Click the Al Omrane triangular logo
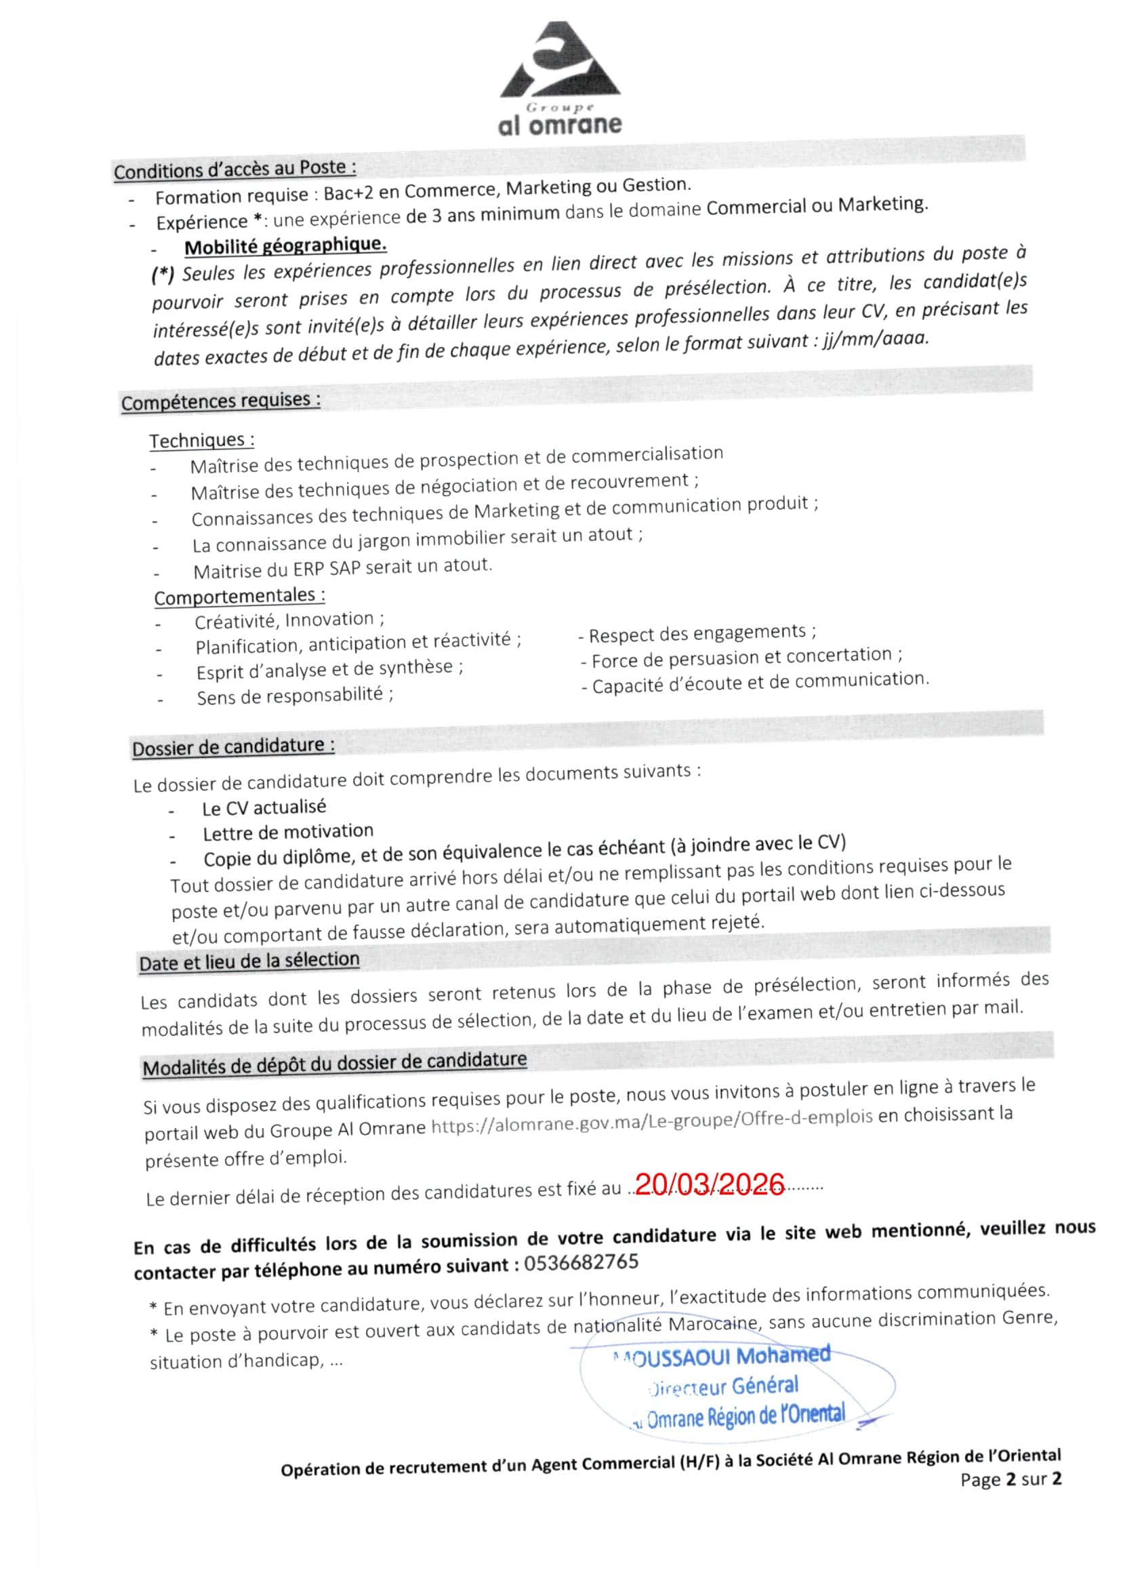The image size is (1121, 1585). (x=560, y=62)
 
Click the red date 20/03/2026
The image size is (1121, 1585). (x=709, y=1184)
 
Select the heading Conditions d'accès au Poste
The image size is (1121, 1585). (x=235, y=169)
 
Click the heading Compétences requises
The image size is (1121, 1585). (x=221, y=401)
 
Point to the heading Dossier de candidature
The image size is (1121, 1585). (x=233, y=747)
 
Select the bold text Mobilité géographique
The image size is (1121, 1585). (x=285, y=245)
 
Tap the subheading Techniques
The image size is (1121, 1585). (x=201, y=440)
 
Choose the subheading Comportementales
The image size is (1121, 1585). (x=239, y=596)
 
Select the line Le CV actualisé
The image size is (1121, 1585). (x=264, y=807)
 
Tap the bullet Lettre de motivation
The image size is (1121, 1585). (x=288, y=832)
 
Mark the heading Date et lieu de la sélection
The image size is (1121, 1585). (x=249, y=961)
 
